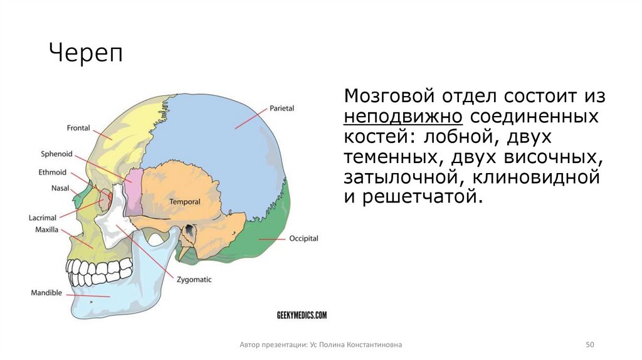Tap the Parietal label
pyautogui.click(x=282, y=108)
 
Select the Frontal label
pyautogui.click(x=78, y=129)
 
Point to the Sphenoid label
pyautogui.click(x=57, y=154)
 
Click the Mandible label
pyautogui.click(x=46, y=292)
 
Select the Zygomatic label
pyautogui.click(x=194, y=280)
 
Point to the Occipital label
pyautogui.click(x=303, y=239)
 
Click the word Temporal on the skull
pyautogui.click(x=184, y=202)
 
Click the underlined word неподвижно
pyautogui.click(x=403, y=117)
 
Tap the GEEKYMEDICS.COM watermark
pyautogui.click(x=302, y=315)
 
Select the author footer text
pyautogui.click(x=320, y=345)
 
